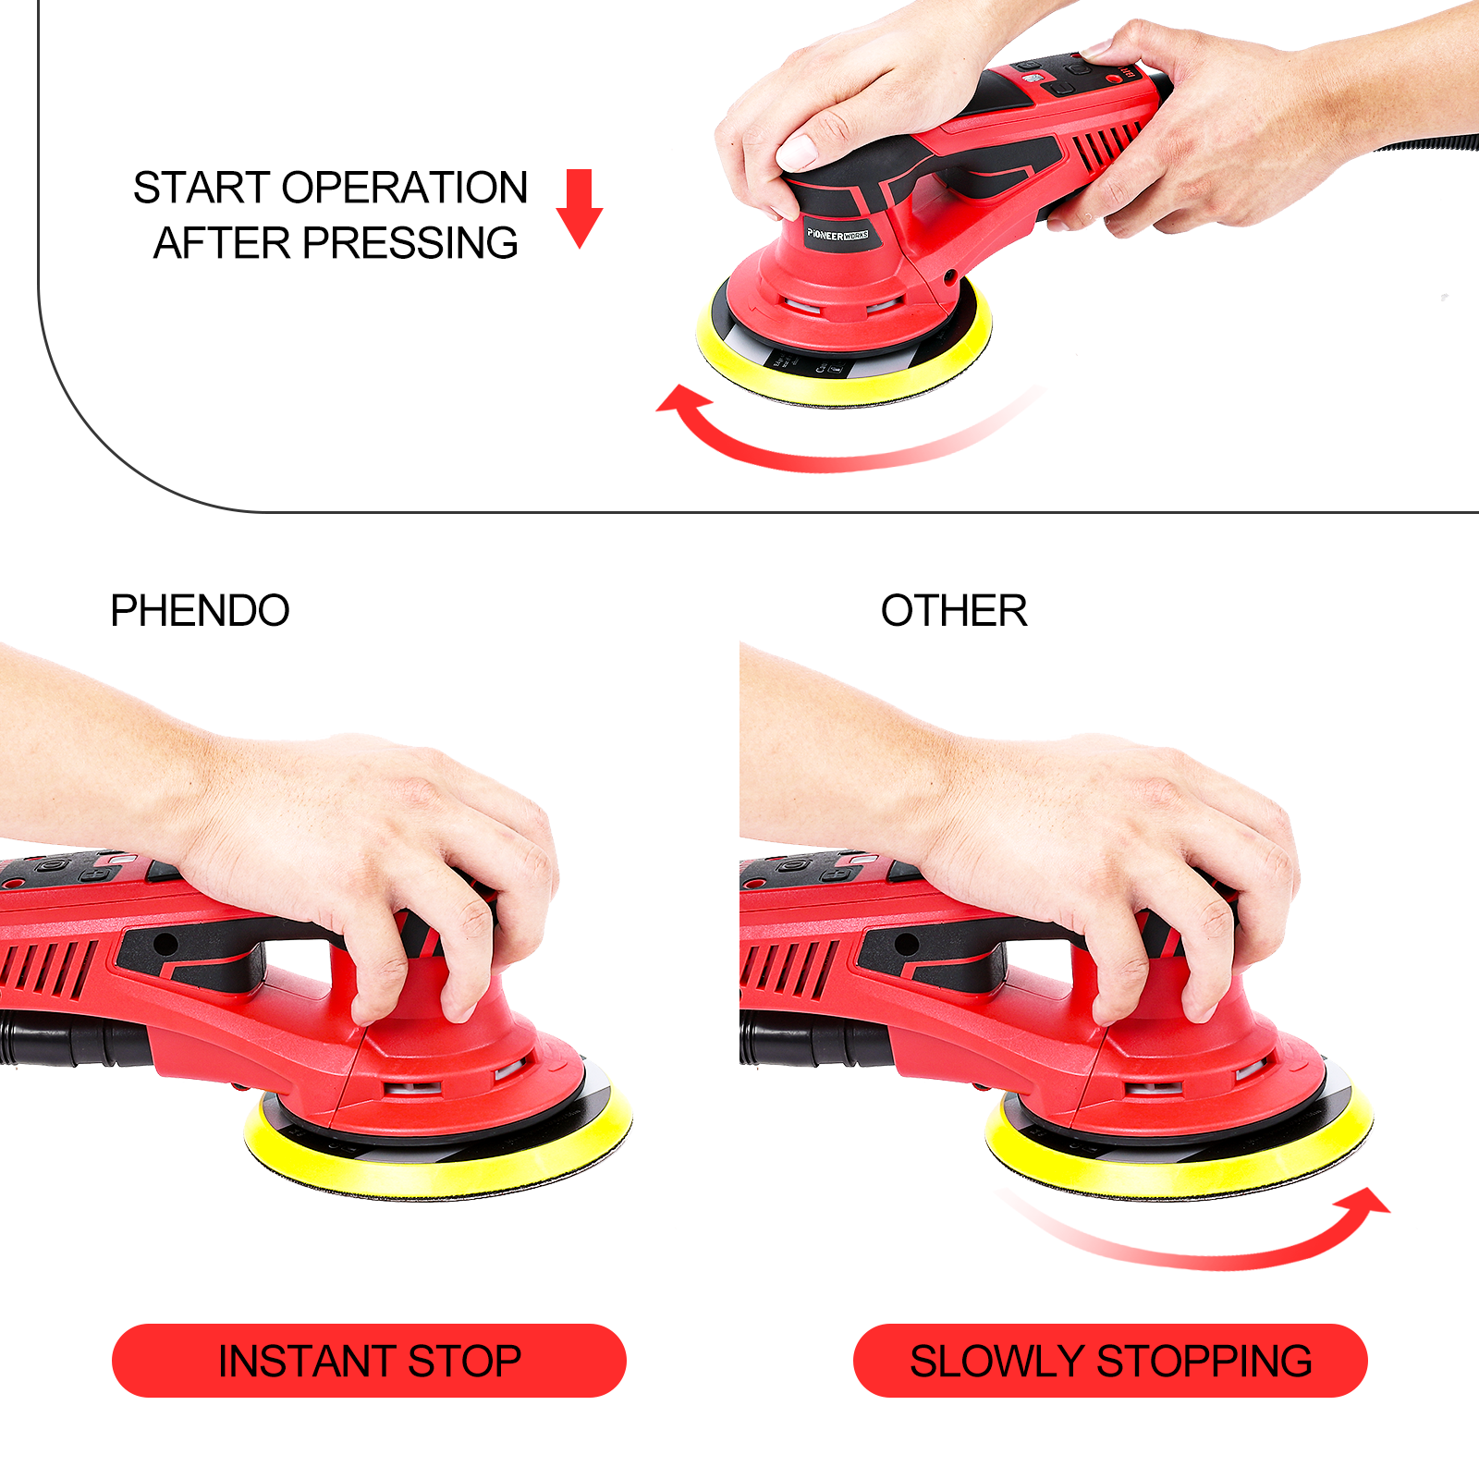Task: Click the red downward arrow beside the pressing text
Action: tap(580, 208)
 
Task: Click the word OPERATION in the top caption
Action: tap(405, 188)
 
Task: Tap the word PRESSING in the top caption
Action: tap(410, 243)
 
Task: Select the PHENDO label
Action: tap(200, 610)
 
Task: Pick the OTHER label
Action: tap(954, 610)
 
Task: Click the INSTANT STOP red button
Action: tap(369, 1361)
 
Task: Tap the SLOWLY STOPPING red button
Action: tap(1110, 1361)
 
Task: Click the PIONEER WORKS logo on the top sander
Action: tap(837, 235)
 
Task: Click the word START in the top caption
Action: tap(203, 188)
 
